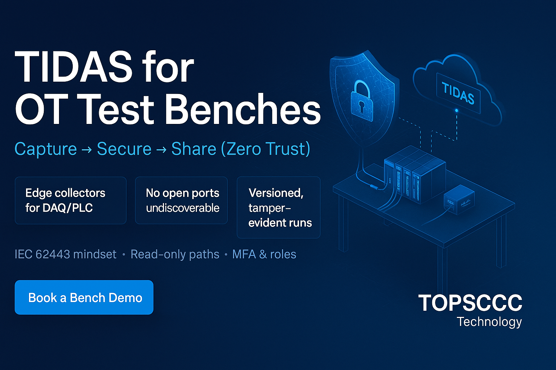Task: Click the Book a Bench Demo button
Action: pos(84,297)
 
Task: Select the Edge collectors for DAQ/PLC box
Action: pos(71,200)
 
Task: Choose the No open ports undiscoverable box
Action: pos(181,200)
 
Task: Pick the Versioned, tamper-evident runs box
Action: pos(278,207)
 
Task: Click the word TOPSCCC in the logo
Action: pos(470,302)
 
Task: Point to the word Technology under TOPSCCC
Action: pos(489,322)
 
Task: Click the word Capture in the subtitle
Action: pos(46,149)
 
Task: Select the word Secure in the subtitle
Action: pos(124,149)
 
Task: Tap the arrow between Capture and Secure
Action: pos(87,150)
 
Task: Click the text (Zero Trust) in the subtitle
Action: pos(265,149)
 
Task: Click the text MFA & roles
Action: pos(264,254)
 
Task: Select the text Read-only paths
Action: pos(175,254)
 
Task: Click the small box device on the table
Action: pos(459,200)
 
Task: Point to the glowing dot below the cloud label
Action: pos(456,111)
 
